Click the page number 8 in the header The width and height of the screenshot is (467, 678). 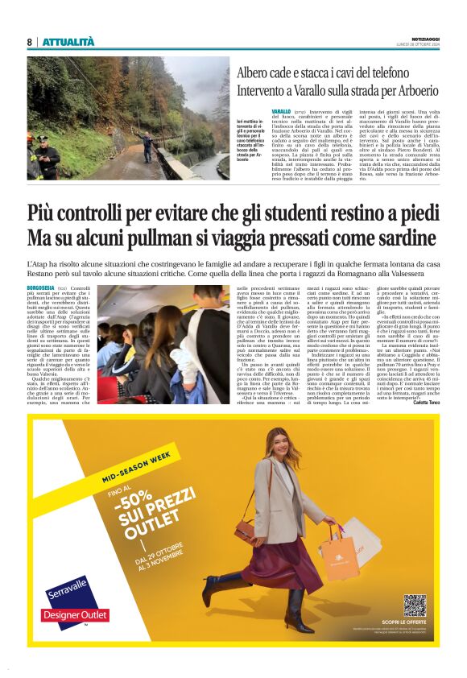point(29,42)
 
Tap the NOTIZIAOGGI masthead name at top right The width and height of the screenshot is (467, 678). point(422,39)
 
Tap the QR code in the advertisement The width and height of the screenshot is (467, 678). point(415,606)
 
